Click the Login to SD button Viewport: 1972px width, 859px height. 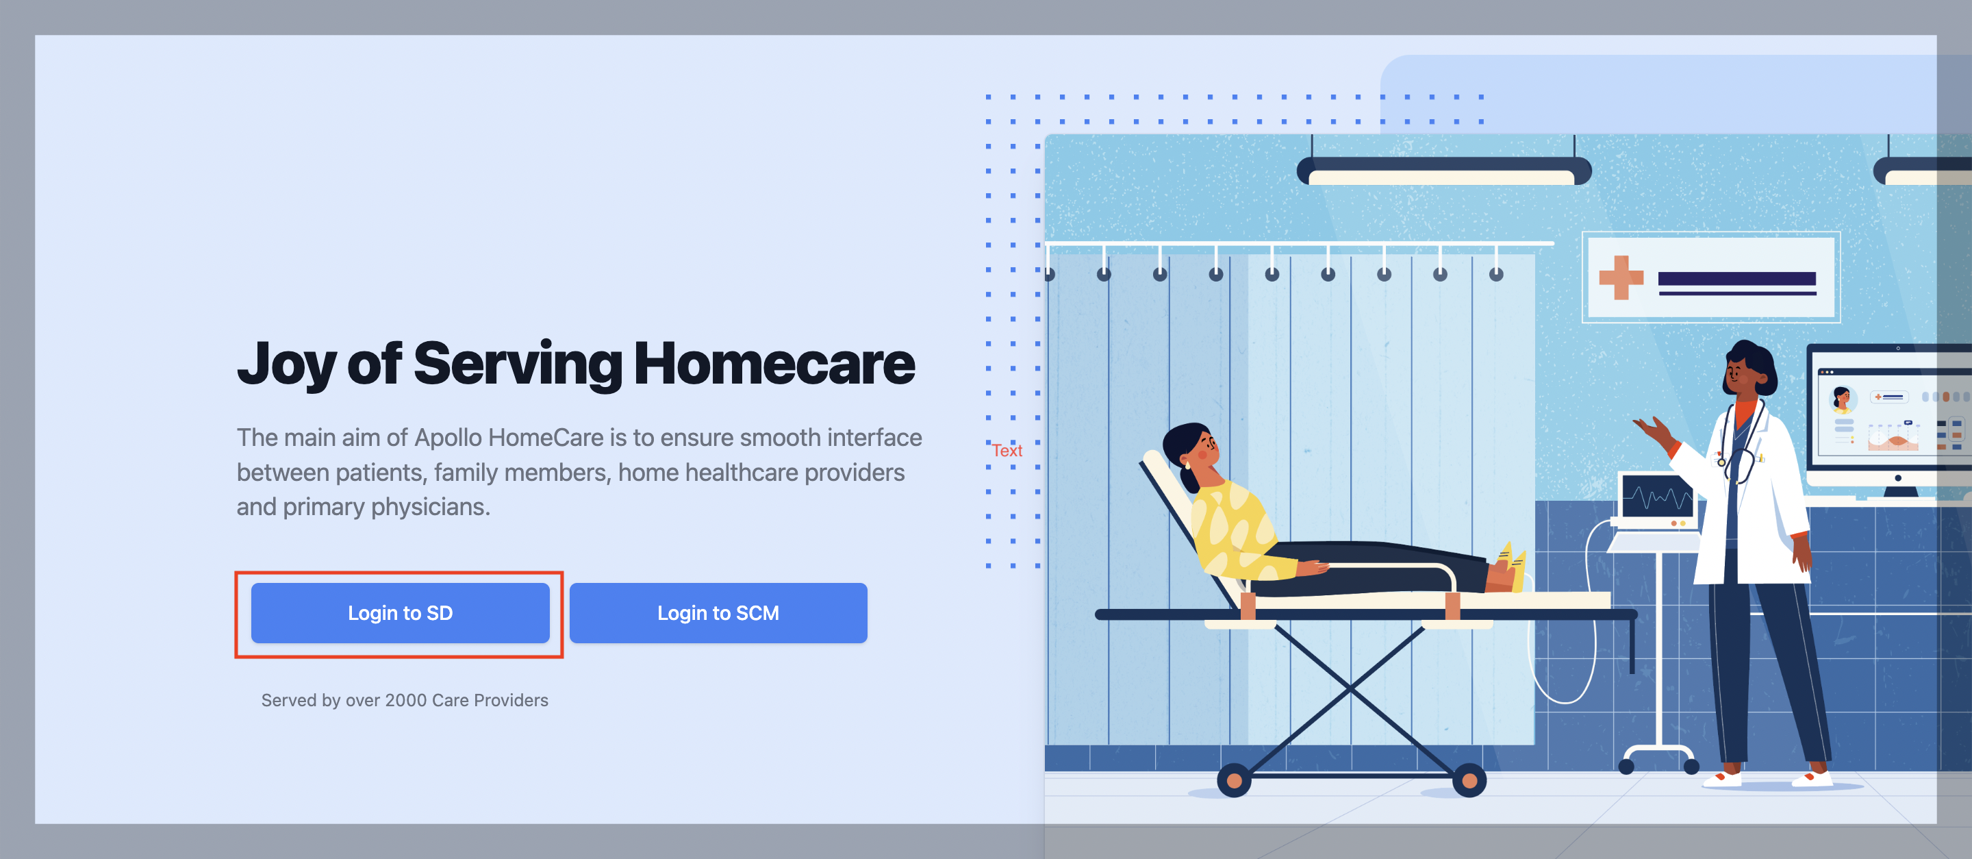[x=401, y=612]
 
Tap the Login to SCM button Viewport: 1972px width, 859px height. [x=718, y=612]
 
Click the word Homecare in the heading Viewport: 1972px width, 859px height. [x=774, y=364]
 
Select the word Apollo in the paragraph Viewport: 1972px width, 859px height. [x=449, y=438]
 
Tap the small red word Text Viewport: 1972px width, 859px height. [x=1007, y=450]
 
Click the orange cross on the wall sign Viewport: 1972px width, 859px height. [x=1621, y=277]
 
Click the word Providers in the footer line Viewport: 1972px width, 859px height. [x=511, y=701]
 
